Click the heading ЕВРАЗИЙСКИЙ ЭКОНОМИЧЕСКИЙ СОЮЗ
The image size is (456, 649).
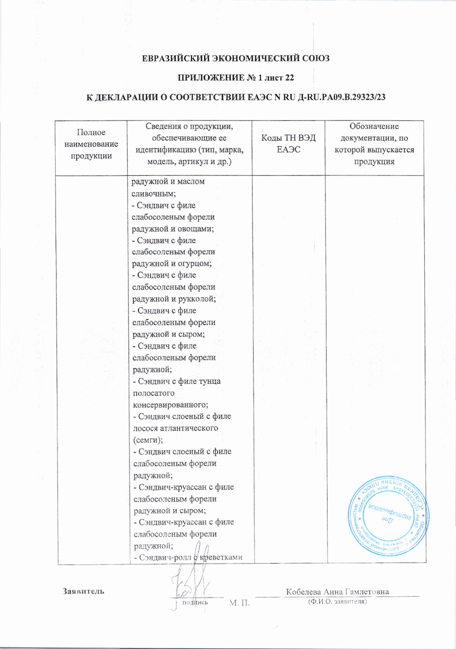(x=236, y=58)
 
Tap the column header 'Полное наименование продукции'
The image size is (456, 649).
(x=91, y=144)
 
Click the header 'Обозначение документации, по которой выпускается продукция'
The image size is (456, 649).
(x=374, y=144)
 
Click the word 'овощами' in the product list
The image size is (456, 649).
(x=195, y=229)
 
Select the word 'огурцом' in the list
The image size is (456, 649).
(x=195, y=264)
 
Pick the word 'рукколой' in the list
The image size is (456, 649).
(x=197, y=299)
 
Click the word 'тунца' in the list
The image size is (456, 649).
(x=209, y=381)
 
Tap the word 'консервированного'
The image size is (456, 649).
(x=170, y=405)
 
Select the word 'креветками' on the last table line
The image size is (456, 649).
(x=221, y=557)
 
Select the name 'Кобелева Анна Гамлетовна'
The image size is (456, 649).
(x=337, y=591)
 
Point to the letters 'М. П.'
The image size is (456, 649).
(x=240, y=603)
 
